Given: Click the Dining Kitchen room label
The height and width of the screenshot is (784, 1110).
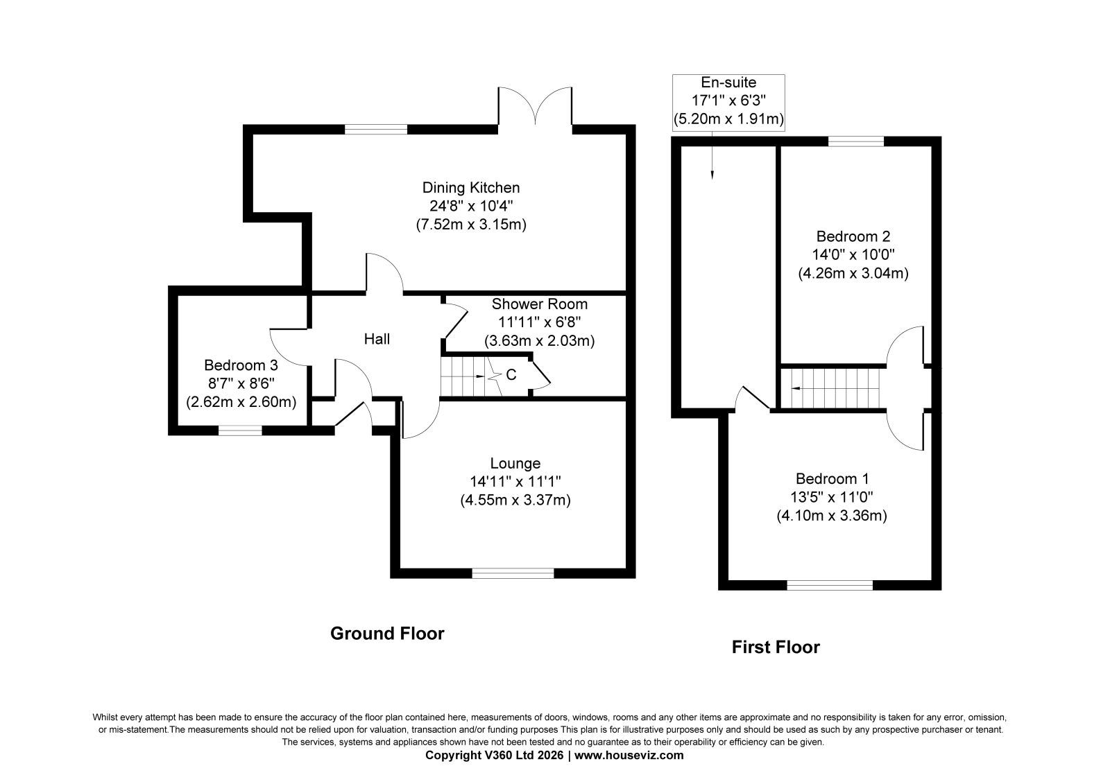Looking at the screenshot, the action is pyautogui.click(x=471, y=188).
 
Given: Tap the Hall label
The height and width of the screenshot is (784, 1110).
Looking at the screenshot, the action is pyautogui.click(x=377, y=339).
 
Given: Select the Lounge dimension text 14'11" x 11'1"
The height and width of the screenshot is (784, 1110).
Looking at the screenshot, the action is pyautogui.click(x=515, y=481).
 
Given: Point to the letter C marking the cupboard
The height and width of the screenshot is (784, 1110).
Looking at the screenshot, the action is pyautogui.click(x=511, y=375).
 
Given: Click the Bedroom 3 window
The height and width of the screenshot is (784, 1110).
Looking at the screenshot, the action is pyautogui.click(x=240, y=430).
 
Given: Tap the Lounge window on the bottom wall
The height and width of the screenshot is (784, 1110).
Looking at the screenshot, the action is pyautogui.click(x=513, y=573).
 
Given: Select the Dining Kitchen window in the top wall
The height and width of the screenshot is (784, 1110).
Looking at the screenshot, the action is pyautogui.click(x=376, y=129).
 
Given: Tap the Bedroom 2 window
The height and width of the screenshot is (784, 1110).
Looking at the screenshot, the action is pyautogui.click(x=856, y=141).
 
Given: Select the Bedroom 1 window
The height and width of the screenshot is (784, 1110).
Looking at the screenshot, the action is pyautogui.click(x=830, y=585).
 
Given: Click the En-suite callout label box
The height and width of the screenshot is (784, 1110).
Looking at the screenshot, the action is pyautogui.click(x=728, y=103).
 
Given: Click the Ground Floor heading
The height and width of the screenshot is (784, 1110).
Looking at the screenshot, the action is pyautogui.click(x=387, y=634).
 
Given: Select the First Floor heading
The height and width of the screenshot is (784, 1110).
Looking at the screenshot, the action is pyautogui.click(x=776, y=647).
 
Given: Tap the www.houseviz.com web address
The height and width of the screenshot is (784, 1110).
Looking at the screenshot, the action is pyautogui.click(x=629, y=756).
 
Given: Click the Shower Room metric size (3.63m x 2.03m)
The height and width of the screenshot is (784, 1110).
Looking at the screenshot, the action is pyautogui.click(x=539, y=341).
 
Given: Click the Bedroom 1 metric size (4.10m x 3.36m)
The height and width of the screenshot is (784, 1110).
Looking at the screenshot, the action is pyautogui.click(x=832, y=516).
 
